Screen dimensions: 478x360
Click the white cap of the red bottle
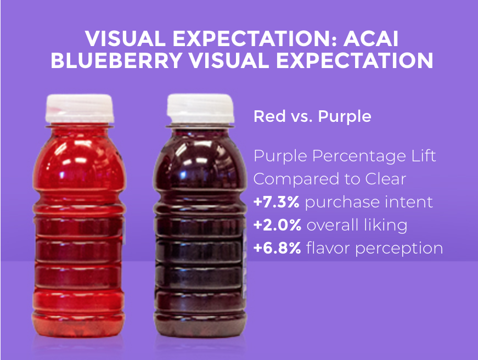point(80,109)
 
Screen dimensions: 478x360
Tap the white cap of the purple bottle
point(200,109)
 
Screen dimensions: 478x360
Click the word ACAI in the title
point(371,39)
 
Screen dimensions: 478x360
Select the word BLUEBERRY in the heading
point(116,60)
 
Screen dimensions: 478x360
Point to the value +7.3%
point(276,202)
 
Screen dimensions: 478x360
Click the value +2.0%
point(277,225)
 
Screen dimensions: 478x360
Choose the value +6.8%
point(277,248)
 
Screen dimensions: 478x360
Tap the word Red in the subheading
point(269,116)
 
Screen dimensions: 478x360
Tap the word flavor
point(328,248)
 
